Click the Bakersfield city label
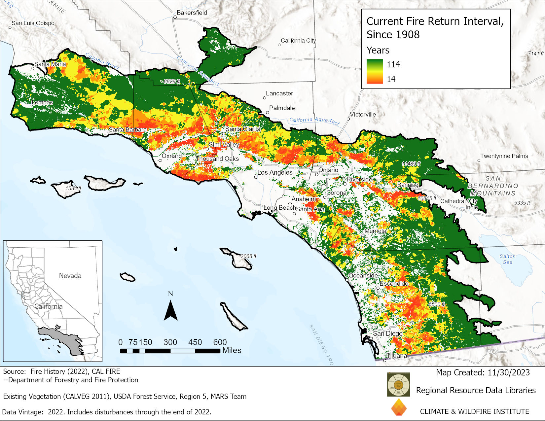point(192,13)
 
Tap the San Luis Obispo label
point(33,23)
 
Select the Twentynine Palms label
point(504,156)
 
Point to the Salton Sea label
point(507,259)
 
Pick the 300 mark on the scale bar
point(170,342)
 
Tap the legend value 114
point(393,64)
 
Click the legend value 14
point(391,79)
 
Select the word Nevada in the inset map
point(70,275)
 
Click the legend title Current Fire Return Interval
point(435,21)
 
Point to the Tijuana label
point(397,356)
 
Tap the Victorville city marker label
point(363,115)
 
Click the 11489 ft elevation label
point(411,164)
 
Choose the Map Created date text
point(483,372)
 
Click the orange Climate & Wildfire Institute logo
point(399,407)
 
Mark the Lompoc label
point(42,102)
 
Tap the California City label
point(298,41)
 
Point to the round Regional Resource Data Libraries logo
point(398,384)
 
